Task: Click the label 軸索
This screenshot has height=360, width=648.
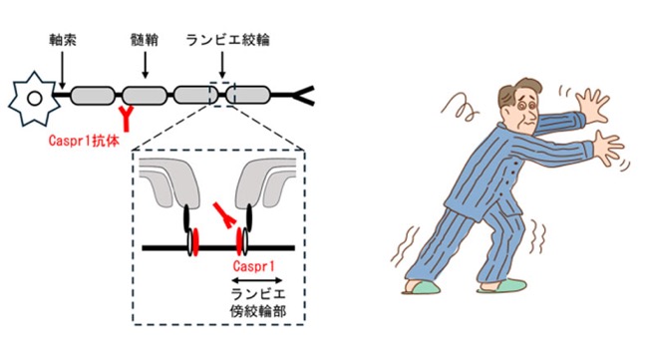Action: [63, 40]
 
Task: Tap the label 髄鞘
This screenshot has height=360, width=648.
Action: [145, 40]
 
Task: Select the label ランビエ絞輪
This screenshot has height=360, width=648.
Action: [227, 40]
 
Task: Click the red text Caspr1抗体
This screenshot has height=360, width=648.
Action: [84, 141]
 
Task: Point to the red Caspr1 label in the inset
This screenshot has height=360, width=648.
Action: [254, 266]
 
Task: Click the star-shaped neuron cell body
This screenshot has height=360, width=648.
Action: [33, 99]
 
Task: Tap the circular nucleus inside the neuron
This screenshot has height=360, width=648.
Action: [34, 99]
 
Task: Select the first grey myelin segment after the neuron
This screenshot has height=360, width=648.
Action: [92, 96]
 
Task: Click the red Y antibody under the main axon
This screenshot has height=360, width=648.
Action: [127, 118]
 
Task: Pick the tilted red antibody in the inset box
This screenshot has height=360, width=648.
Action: [225, 215]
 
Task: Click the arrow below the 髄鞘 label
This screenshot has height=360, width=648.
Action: [145, 65]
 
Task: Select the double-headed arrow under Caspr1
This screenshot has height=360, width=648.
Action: [256, 280]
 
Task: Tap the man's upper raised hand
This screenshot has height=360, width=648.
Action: [592, 106]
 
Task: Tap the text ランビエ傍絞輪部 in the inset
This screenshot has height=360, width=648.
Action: [258, 302]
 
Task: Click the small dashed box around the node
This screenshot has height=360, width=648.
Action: [222, 95]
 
